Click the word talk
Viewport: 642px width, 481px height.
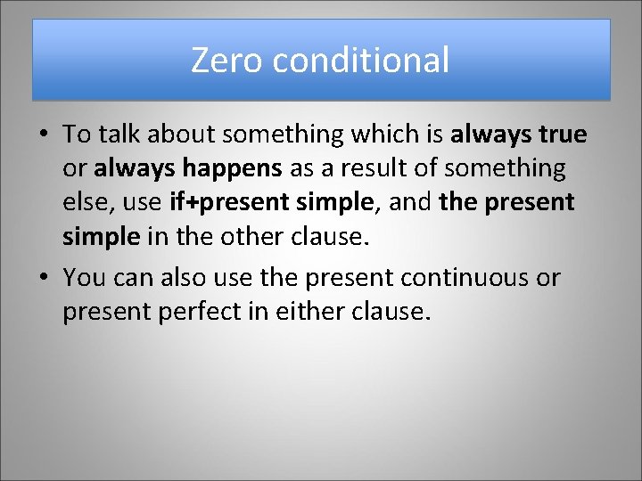120,134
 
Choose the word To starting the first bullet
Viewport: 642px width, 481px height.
77,134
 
